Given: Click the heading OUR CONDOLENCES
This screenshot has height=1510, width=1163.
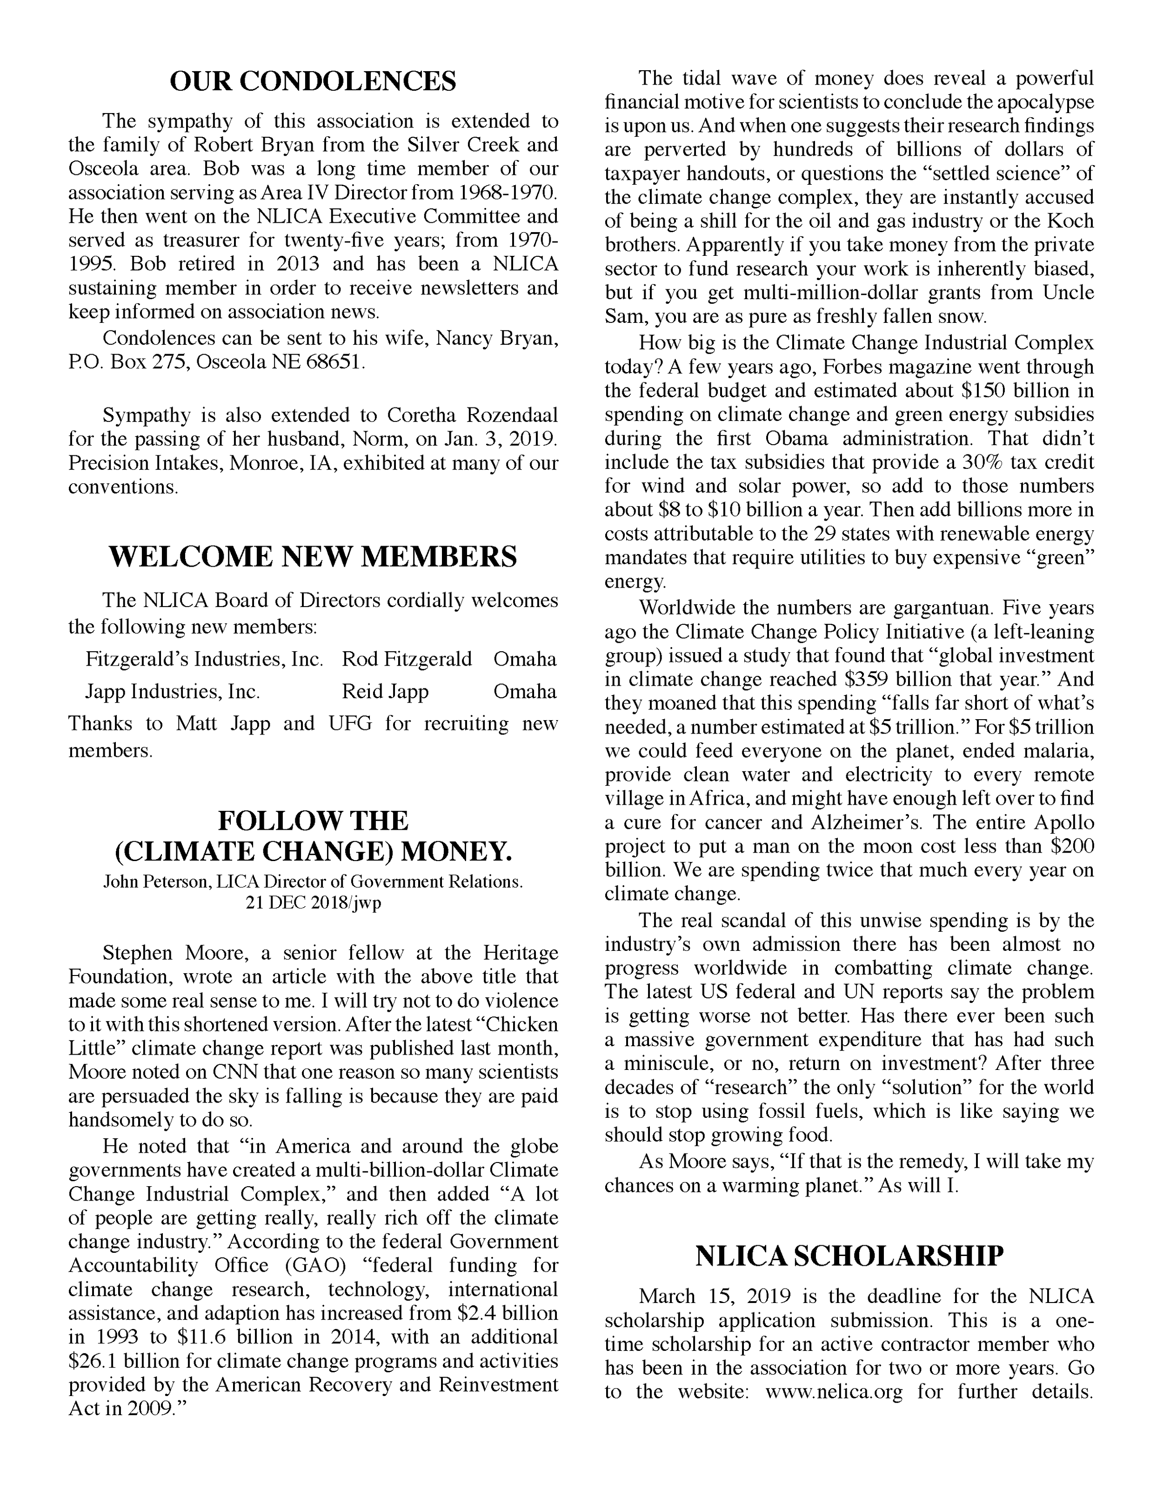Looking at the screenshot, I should click(x=313, y=81).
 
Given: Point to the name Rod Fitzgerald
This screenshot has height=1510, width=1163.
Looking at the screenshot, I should click(x=407, y=659).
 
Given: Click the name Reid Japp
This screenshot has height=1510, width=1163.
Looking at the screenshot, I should click(x=385, y=691).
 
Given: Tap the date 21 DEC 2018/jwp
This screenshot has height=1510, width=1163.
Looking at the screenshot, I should click(x=313, y=903).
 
